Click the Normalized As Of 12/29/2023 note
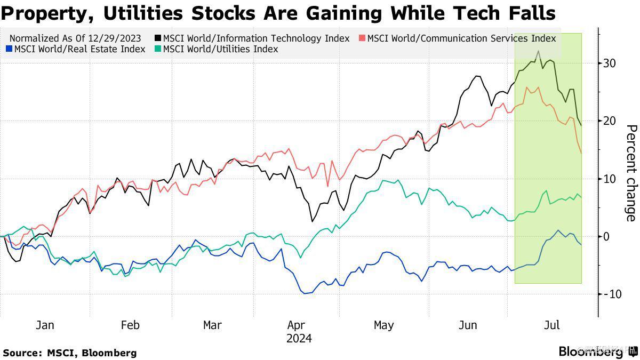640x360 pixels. coord(75,38)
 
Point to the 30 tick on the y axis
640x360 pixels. coord(610,63)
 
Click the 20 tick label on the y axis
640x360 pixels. coord(610,121)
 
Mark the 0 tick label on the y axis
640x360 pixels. coord(606,236)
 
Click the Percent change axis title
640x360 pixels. coord(631,173)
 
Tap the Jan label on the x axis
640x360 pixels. coord(45,325)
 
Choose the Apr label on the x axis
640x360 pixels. coord(296,325)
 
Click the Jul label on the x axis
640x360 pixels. coord(552,325)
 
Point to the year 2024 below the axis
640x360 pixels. coord(299,339)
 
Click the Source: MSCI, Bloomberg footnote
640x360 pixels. coord(69,353)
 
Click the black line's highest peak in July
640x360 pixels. coord(539,51)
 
